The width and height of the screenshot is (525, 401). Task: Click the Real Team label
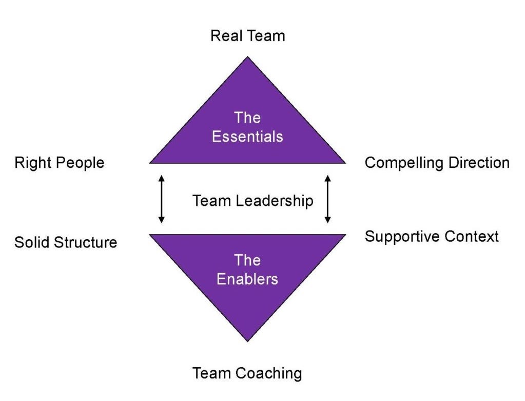pyautogui.click(x=247, y=36)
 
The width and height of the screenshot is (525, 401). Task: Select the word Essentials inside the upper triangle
pyautogui.click(x=247, y=137)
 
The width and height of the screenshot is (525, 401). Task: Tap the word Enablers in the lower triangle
pyautogui.click(x=247, y=279)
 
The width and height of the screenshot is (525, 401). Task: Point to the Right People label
pyautogui.click(x=59, y=163)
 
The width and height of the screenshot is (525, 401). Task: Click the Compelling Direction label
pyautogui.click(x=437, y=163)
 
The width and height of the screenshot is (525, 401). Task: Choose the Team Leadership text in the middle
pyautogui.click(x=252, y=200)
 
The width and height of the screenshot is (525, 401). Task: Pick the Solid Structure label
pyautogui.click(x=66, y=242)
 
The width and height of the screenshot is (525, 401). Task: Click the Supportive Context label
pyautogui.click(x=432, y=236)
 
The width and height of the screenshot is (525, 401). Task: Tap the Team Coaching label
pyautogui.click(x=247, y=373)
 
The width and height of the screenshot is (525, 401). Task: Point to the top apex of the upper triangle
pyautogui.click(x=248, y=58)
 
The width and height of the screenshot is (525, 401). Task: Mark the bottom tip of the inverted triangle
pyautogui.click(x=248, y=340)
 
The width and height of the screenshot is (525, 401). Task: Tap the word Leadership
pyautogui.click(x=275, y=200)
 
